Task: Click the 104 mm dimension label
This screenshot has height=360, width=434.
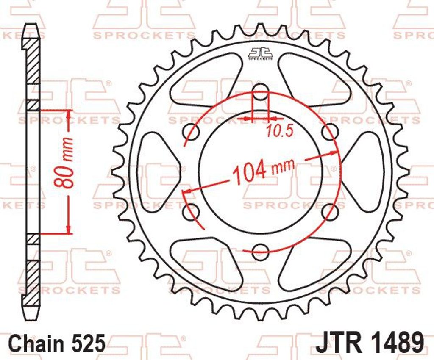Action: (x=263, y=171)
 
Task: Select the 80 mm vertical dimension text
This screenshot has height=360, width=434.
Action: (x=64, y=163)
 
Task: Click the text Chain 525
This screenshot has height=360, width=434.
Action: (x=58, y=343)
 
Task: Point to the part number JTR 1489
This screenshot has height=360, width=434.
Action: (x=370, y=343)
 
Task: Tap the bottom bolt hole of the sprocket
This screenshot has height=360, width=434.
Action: (x=261, y=251)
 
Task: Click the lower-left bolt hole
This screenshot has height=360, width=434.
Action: (x=192, y=211)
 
